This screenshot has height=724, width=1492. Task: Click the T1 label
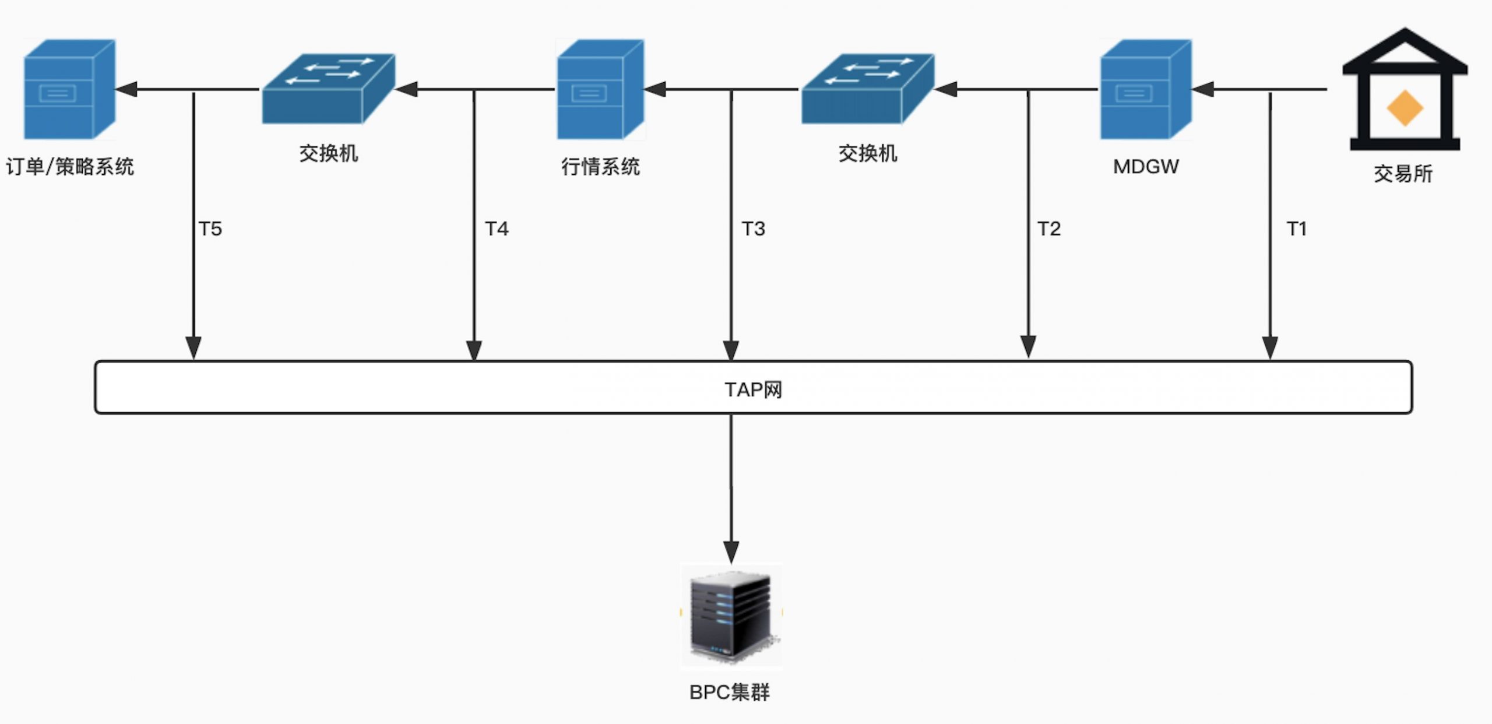pos(1296,229)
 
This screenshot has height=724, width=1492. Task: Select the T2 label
pos(1049,229)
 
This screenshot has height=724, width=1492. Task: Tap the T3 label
pos(753,229)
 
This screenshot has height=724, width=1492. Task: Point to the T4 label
pos(497,229)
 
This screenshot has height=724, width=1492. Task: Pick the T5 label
pos(210,229)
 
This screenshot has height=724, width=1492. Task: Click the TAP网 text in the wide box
pos(753,389)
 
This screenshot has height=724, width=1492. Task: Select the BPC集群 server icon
pos(731,616)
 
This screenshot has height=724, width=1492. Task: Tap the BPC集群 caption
pos(730,692)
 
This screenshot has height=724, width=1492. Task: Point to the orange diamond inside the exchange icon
pos(1405,108)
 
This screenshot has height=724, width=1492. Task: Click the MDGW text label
pos(1146,167)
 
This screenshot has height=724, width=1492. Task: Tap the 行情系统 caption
pos(600,167)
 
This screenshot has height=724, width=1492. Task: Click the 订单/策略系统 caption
pos(70,167)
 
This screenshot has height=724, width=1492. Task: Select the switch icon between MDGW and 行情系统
pos(867,89)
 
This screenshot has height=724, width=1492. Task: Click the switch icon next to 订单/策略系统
pos(328,89)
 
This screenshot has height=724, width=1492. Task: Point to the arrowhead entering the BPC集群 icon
pos(731,551)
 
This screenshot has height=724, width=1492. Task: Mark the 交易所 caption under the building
pos(1403,174)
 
